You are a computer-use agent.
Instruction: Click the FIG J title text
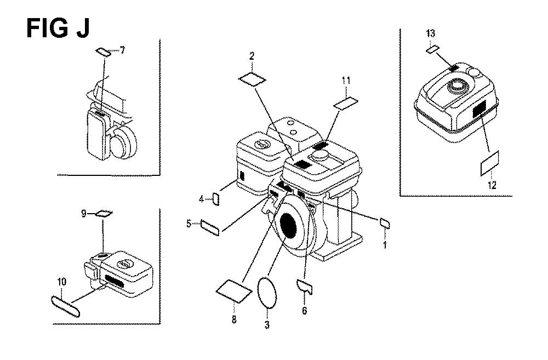[x=58, y=28]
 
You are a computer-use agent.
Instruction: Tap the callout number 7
[x=122, y=50]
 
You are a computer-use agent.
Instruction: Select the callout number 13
[x=431, y=33]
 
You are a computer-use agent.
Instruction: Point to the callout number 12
[x=492, y=185]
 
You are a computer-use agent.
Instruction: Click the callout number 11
[x=346, y=81]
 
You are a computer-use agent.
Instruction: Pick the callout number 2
[x=252, y=56]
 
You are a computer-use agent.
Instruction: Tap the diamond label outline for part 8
[x=234, y=290]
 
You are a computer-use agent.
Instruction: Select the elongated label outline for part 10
[x=65, y=306]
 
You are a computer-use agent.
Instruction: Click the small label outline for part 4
[x=216, y=199]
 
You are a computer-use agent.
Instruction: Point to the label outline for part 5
[x=210, y=228]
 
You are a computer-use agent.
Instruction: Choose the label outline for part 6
[x=304, y=287]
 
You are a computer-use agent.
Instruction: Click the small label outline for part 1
[x=385, y=223]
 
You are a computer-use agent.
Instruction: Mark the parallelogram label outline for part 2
[x=252, y=79]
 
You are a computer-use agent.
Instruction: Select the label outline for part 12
[x=489, y=163]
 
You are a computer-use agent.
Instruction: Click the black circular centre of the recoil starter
[x=288, y=226]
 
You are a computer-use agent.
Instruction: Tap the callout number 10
[x=62, y=282]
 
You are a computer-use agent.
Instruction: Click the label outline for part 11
[x=346, y=104]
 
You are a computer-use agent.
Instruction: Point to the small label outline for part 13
[x=432, y=49]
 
